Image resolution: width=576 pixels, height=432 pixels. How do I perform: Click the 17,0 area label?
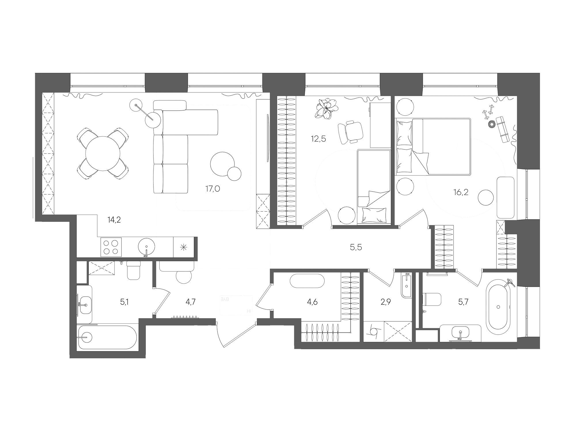pos(213,189)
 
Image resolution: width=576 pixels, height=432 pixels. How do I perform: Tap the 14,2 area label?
pos(114,220)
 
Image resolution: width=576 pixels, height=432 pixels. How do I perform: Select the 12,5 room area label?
pos(318,139)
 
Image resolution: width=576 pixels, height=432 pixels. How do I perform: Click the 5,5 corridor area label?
pos(356,247)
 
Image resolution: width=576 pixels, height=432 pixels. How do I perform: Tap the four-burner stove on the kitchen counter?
pos(111,247)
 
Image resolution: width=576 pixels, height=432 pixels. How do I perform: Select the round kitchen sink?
pos(147,247)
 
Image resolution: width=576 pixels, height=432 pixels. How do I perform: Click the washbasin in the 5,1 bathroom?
pos(85,304)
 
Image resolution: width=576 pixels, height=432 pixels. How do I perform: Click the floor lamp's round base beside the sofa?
pos(152,119)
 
